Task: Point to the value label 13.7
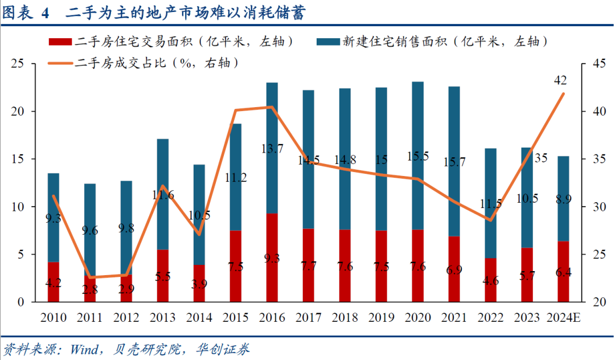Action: (x=272, y=149)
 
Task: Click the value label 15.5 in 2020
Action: (x=417, y=156)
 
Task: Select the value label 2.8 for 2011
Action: (x=90, y=290)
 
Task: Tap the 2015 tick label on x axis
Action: (x=236, y=317)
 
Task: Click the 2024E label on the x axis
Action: (x=563, y=317)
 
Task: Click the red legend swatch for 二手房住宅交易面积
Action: (x=60, y=42)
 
